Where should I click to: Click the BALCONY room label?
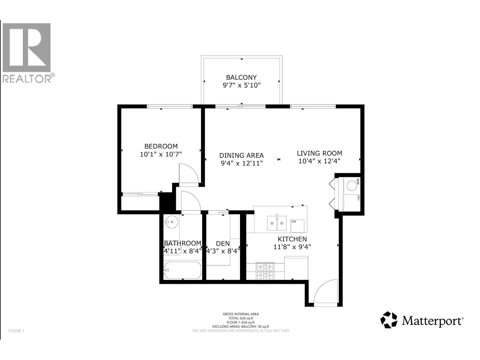pos(241,77)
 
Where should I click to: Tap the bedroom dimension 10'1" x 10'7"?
pos(161,154)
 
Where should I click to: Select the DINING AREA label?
pos(241,155)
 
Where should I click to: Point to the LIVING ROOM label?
pos(319,153)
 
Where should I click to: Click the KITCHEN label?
pos(292,239)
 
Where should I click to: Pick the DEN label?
pos(223,244)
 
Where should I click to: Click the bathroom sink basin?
pos(171,222)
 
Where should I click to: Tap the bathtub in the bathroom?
pos(182,270)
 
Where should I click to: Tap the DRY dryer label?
pos(358,198)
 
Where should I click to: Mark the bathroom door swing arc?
pos(191,201)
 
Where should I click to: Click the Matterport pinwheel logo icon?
pos(389,320)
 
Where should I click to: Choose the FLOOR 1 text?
pos(16,331)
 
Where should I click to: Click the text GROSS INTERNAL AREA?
pos(241,314)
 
